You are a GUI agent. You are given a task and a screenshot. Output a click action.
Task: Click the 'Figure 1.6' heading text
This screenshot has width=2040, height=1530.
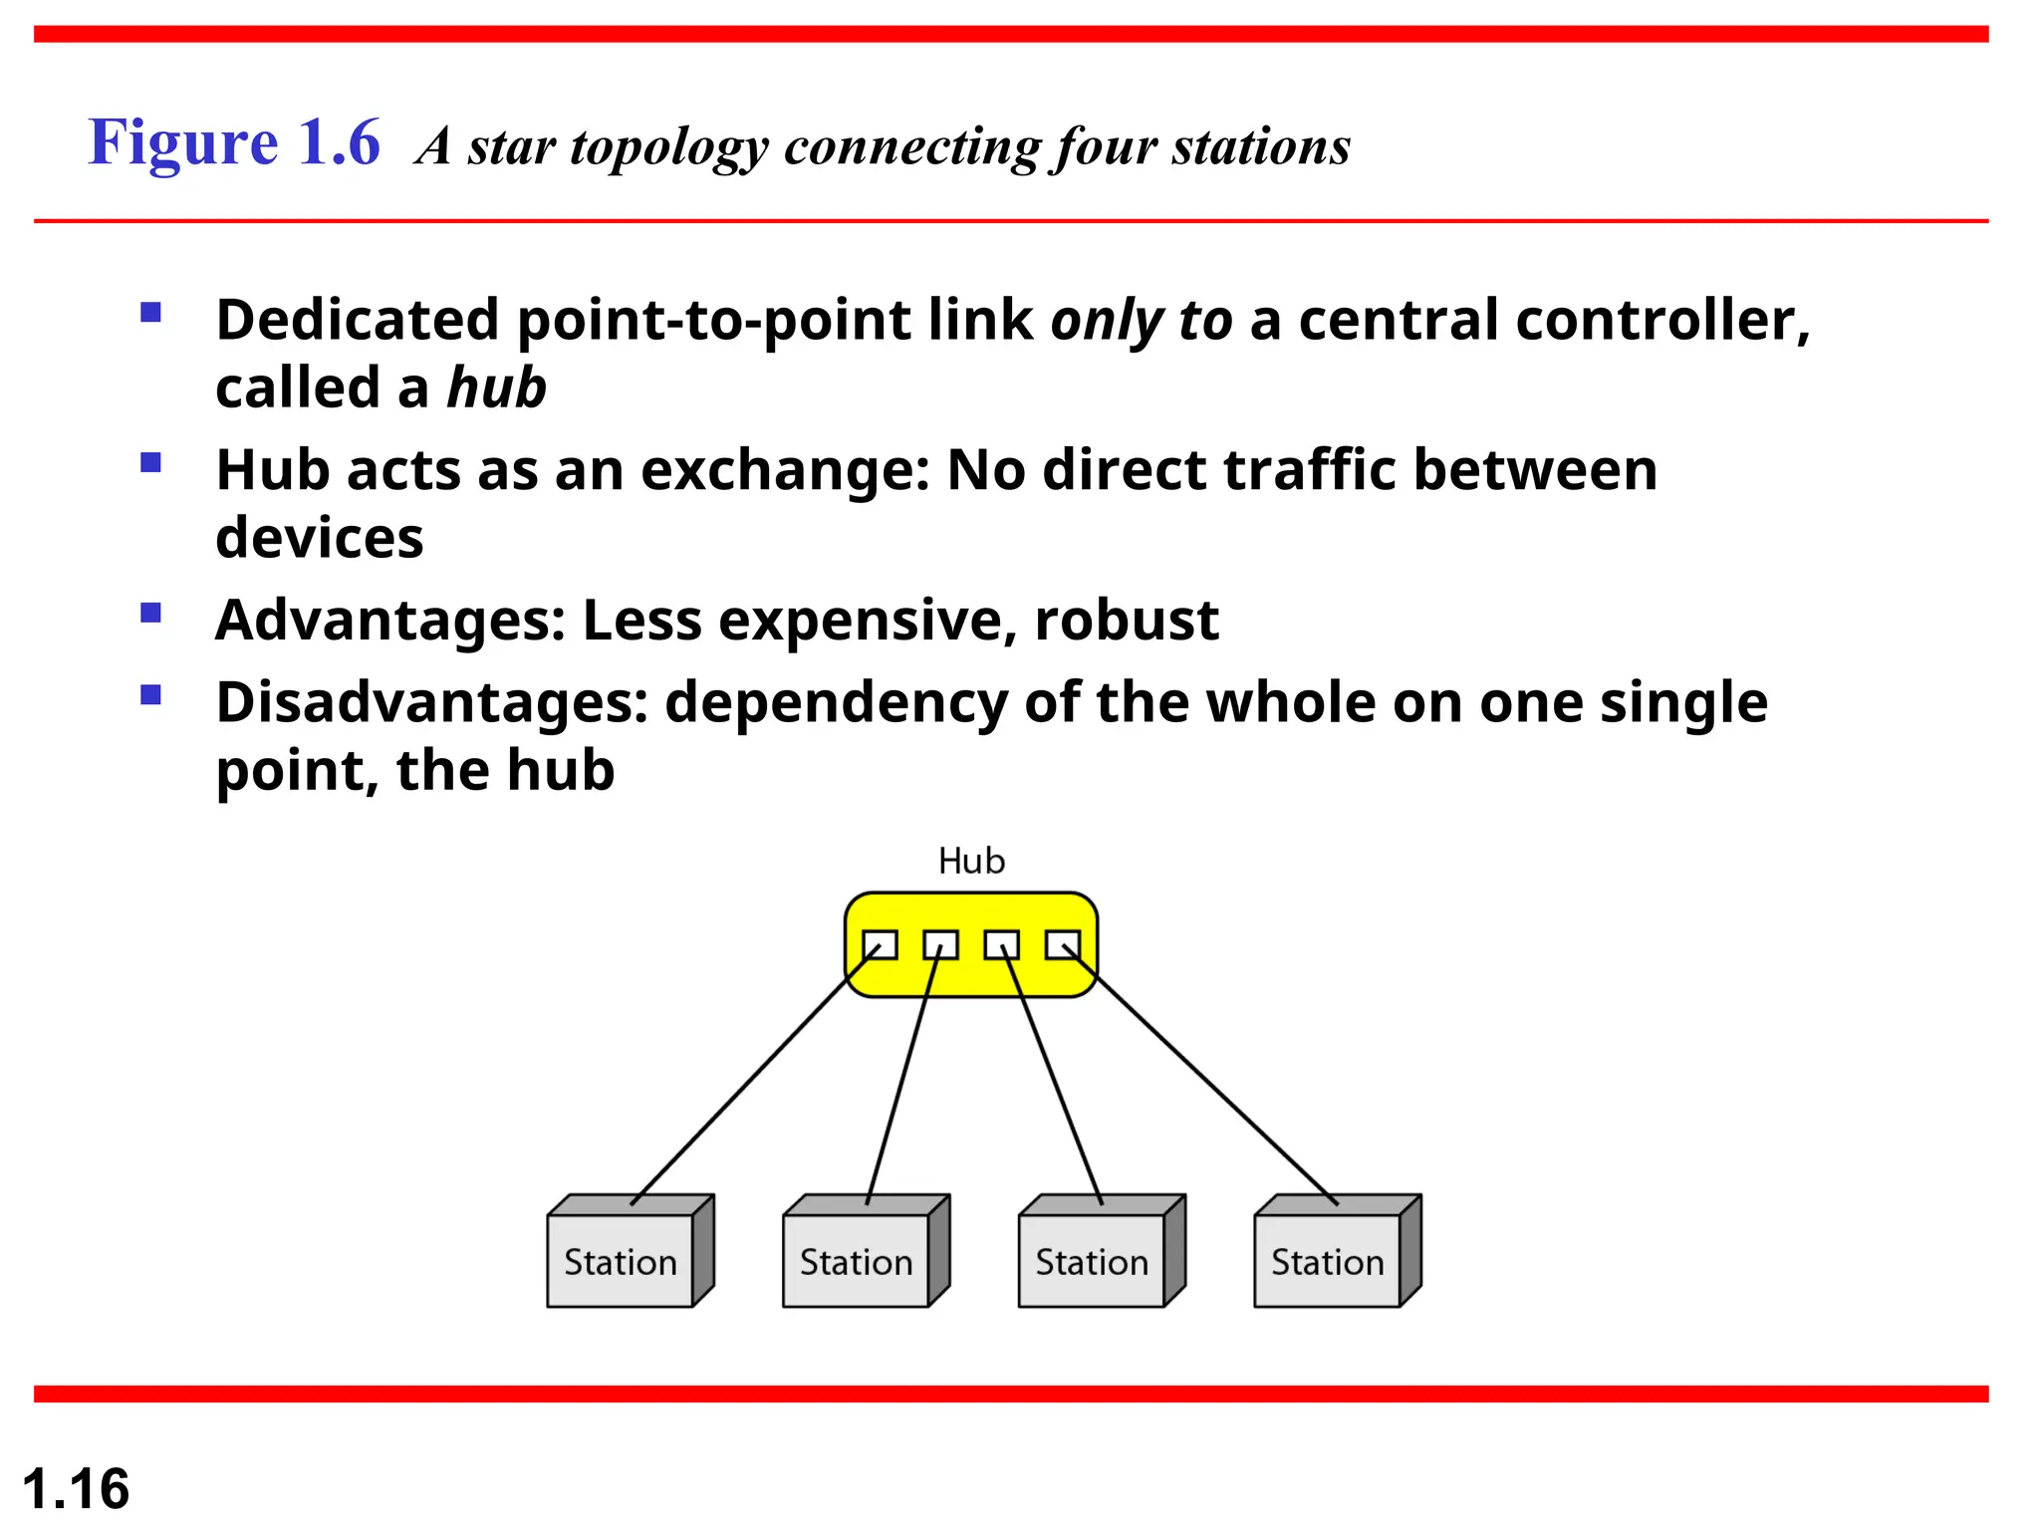[x=234, y=142]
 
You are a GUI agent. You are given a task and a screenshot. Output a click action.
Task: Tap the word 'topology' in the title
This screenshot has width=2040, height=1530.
[x=668, y=147]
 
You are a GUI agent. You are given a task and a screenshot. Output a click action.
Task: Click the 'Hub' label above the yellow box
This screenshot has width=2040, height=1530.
[x=971, y=861]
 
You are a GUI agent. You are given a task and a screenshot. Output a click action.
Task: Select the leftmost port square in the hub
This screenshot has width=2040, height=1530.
[x=880, y=944]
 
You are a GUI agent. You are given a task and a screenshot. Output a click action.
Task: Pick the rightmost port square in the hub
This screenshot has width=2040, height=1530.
[x=1063, y=944]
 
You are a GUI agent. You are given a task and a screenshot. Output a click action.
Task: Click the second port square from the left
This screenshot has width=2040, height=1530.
[x=940, y=944]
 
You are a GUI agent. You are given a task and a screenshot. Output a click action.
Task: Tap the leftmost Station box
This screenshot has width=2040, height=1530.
[x=620, y=1261]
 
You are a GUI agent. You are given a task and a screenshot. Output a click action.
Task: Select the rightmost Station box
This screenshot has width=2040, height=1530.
[x=1327, y=1261]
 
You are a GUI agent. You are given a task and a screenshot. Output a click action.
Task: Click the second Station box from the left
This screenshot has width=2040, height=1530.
[x=856, y=1261]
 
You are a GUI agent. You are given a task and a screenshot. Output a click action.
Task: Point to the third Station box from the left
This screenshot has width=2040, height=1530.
[x=1092, y=1261]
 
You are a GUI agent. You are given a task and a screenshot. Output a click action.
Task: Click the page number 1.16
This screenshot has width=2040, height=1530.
[x=76, y=1489]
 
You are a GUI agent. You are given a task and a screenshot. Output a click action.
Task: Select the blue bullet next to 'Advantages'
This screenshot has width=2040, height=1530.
[x=151, y=613]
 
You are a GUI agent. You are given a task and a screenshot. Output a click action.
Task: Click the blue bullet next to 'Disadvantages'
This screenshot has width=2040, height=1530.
[x=151, y=694]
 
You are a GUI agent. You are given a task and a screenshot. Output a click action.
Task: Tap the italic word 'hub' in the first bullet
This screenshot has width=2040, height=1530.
[x=496, y=387]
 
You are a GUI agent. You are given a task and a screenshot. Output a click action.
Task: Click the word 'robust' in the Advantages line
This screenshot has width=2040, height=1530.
[x=1126, y=620]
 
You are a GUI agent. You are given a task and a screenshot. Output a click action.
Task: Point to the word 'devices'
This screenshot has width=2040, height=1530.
[x=319, y=538]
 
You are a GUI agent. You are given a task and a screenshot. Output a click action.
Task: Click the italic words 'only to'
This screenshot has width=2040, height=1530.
[x=1142, y=321]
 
